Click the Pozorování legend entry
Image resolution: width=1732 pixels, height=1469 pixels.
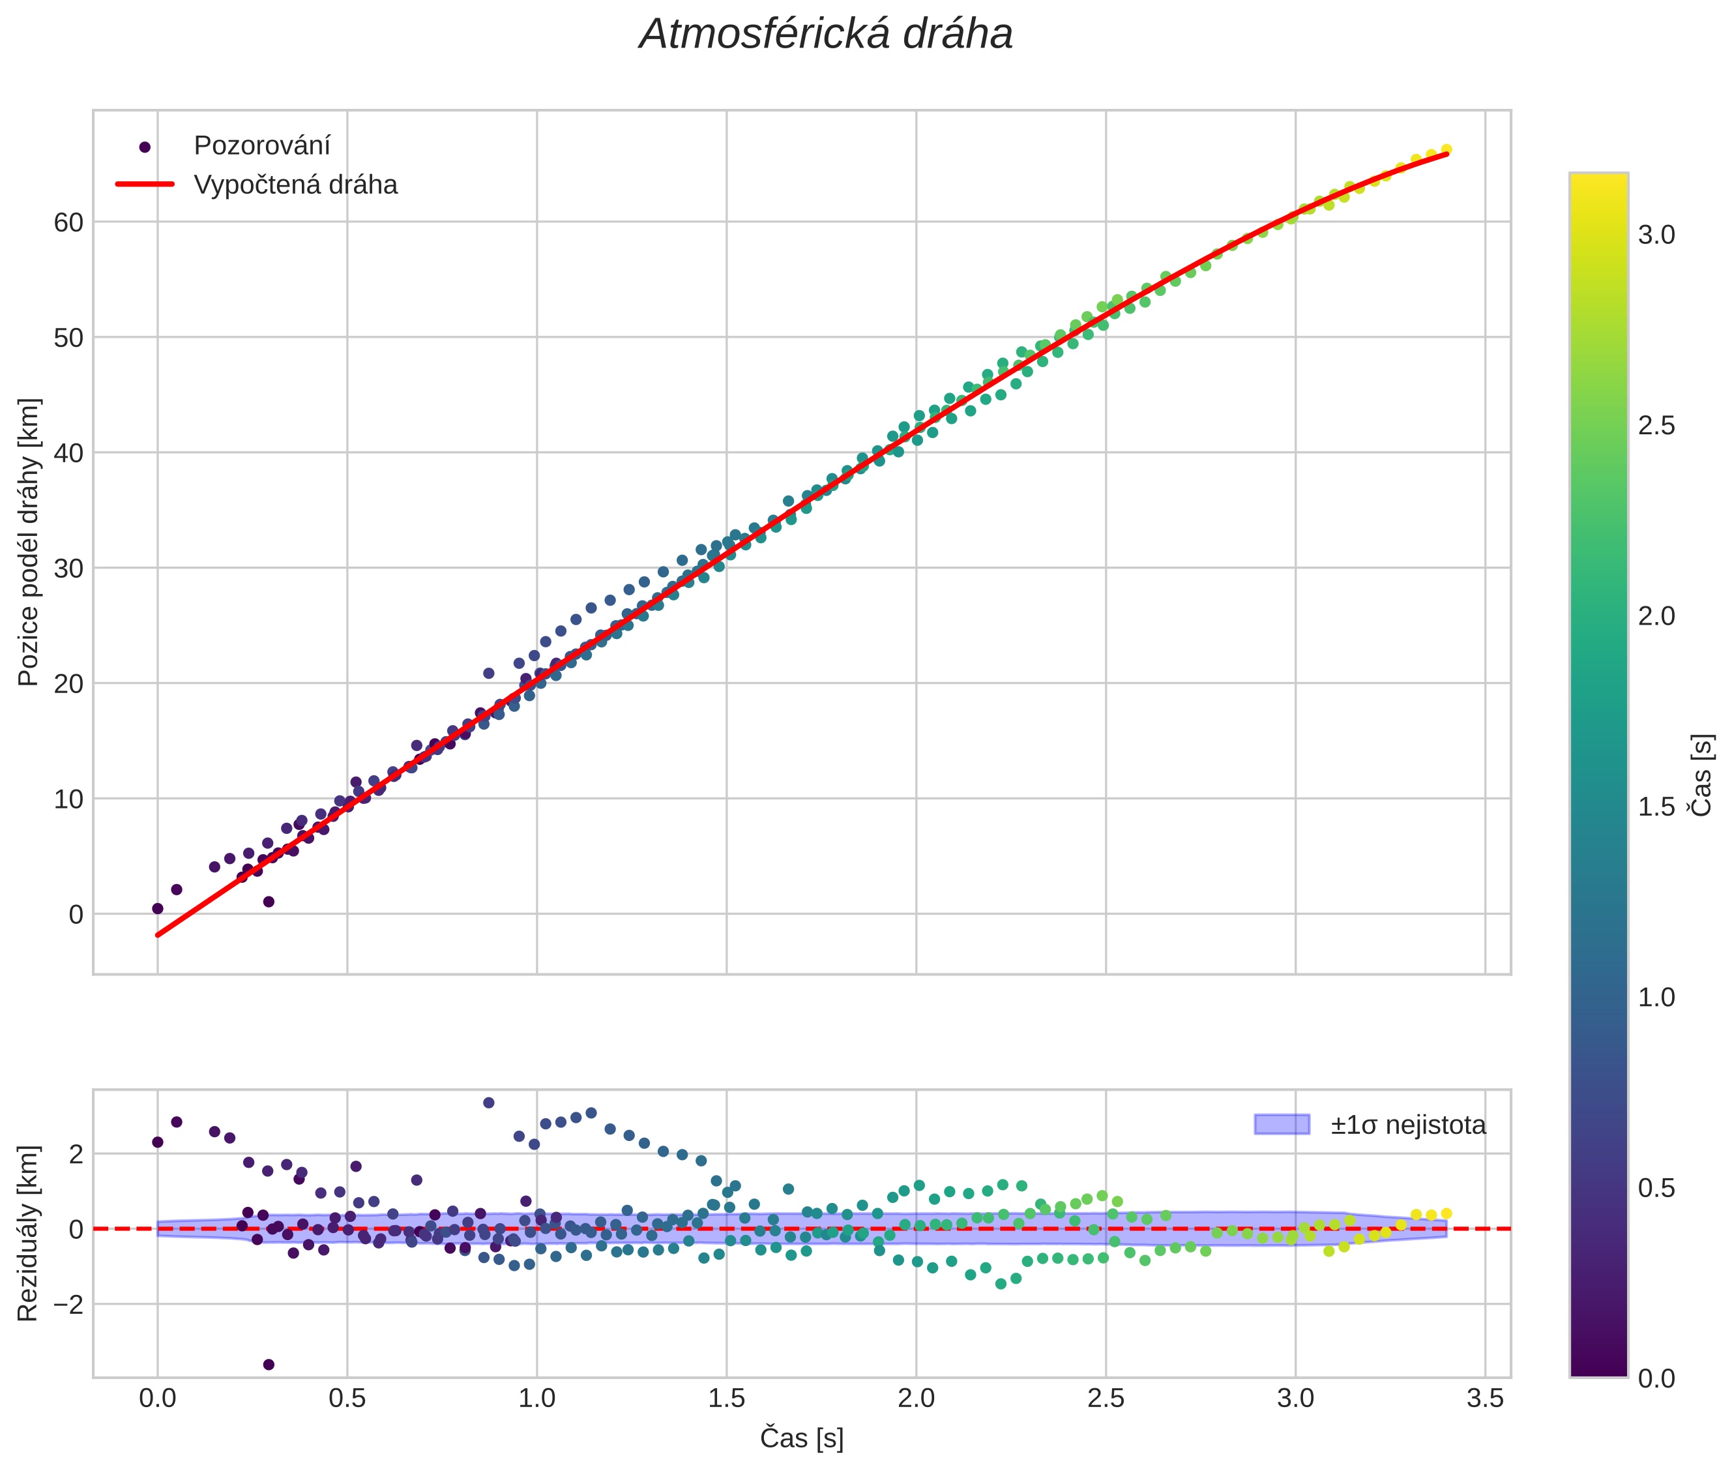pyautogui.click(x=261, y=146)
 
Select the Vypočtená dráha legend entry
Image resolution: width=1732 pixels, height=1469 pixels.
pyautogui.click(x=295, y=185)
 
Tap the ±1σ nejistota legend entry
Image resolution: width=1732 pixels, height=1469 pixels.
pyautogui.click(x=1407, y=1125)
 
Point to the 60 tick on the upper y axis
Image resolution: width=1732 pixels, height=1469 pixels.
pyautogui.click(x=69, y=222)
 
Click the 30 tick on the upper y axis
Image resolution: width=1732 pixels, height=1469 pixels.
pyautogui.click(x=69, y=569)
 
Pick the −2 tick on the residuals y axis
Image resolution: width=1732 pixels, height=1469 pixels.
pyautogui.click(x=63, y=1305)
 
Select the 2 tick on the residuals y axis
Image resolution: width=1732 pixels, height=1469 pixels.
pyautogui.click(x=75, y=1155)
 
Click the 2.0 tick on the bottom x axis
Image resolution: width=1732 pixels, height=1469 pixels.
pyautogui.click(x=916, y=1398)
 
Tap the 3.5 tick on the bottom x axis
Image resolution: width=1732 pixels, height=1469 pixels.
pyautogui.click(x=1485, y=1398)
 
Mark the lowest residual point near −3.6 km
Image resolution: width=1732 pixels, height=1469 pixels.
pyautogui.click(x=268, y=1365)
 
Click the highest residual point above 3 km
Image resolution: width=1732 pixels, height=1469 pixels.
pyautogui.click(x=489, y=1103)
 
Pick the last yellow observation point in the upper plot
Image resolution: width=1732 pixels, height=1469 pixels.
pyautogui.click(x=1446, y=149)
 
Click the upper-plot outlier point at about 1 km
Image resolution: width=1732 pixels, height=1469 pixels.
pyautogui.click(x=268, y=902)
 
